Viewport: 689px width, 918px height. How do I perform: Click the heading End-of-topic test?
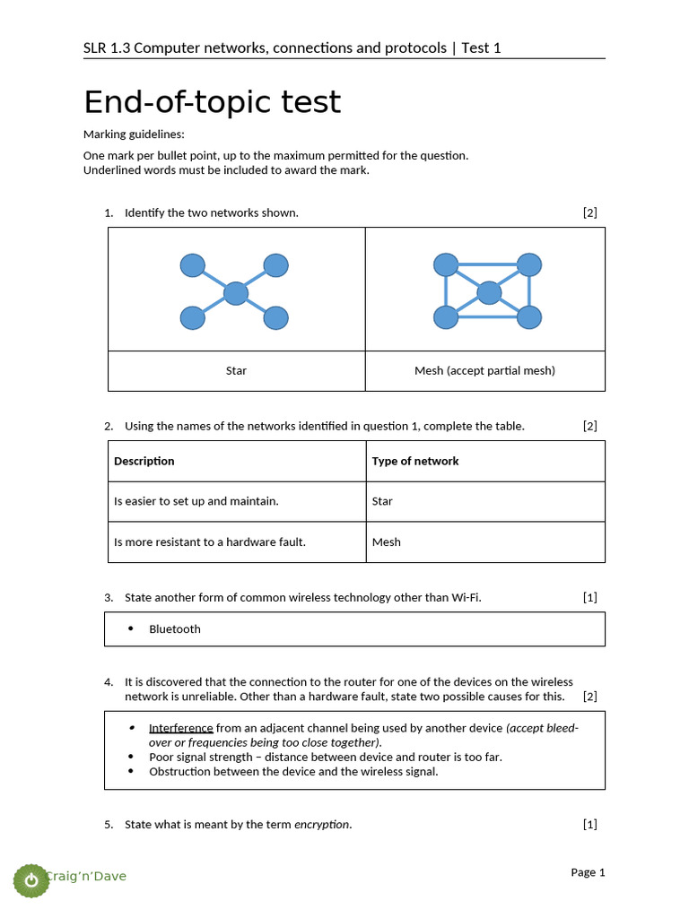tap(213, 102)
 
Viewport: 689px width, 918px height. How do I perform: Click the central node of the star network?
tap(235, 293)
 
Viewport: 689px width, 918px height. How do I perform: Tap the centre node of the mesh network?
tap(489, 293)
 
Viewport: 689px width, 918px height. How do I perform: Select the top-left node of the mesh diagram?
tap(446, 264)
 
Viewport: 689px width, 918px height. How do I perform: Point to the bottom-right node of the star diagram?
tap(276, 317)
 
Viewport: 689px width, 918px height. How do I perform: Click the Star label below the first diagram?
tap(236, 370)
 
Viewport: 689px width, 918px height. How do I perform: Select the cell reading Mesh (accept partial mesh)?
tap(484, 370)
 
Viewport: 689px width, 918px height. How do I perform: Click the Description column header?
tap(144, 461)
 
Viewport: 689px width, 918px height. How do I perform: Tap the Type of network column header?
tap(415, 461)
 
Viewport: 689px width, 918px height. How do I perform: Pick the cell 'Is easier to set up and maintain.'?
tap(196, 501)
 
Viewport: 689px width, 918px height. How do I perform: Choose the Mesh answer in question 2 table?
tap(387, 541)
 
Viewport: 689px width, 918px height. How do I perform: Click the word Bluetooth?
tap(175, 628)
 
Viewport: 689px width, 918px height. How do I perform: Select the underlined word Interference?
tap(181, 728)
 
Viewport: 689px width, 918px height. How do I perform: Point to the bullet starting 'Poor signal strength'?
tap(325, 757)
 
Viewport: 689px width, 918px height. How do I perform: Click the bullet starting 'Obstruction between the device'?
tap(293, 771)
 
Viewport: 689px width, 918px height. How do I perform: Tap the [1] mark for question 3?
tap(589, 597)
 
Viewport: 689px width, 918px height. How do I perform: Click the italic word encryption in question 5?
tap(321, 824)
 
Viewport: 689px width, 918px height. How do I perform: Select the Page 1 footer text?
tap(588, 872)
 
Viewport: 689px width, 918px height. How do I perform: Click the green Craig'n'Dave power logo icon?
tap(32, 879)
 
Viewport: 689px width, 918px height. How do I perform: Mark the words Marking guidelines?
tap(134, 134)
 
